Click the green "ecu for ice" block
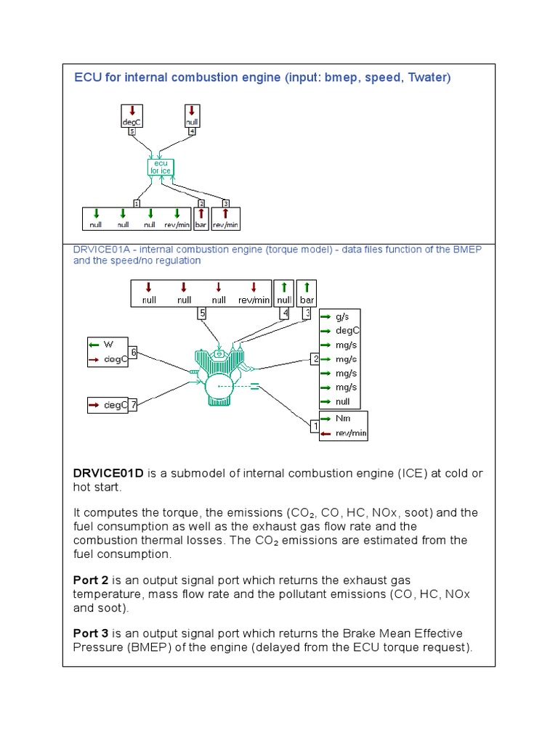coord(159,168)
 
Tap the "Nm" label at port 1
coord(342,419)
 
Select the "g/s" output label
coord(342,318)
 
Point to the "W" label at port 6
coord(109,343)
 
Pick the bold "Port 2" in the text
coord(90,580)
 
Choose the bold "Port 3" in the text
coord(90,633)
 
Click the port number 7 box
coord(134,405)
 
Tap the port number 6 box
coord(134,351)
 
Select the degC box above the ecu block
coord(132,118)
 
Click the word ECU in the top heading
coord(86,78)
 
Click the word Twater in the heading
coord(427,78)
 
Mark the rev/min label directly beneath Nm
coord(350,434)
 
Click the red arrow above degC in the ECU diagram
coord(132,111)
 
